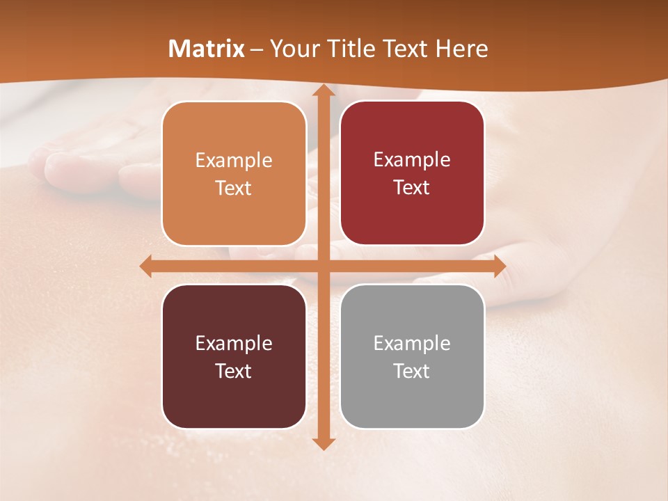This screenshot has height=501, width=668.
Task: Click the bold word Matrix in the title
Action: [x=207, y=49]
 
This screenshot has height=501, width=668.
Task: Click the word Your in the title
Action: [x=292, y=49]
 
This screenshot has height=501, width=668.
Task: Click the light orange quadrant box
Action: [x=234, y=173]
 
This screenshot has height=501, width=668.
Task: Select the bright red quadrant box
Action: [x=412, y=173]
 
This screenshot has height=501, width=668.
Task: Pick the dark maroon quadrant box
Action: [x=234, y=356]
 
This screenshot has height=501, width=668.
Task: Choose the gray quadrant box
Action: [x=412, y=356]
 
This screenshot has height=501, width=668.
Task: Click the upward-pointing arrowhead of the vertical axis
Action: [x=323, y=92]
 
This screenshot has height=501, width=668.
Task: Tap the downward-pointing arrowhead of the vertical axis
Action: [x=323, y=443]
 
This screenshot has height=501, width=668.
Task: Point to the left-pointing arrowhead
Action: [x=146, y=266]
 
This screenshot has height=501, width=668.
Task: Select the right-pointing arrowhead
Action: [x=499, y=266]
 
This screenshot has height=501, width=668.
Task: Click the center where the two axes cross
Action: [x=323, y=266]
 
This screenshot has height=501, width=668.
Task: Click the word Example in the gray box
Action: [x=412, y=343]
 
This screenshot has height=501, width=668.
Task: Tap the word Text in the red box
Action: [x=412, y=188]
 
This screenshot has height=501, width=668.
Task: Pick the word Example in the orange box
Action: [x=234, y=161]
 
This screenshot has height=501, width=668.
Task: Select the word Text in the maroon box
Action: [x=234, y=371]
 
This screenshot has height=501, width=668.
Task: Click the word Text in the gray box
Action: [x=412, y=371]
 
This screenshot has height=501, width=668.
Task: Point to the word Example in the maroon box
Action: [x=234, y=343]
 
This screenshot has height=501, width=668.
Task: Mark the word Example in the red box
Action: [x=412, y=160]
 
